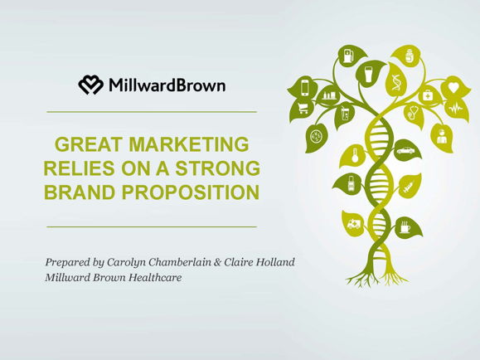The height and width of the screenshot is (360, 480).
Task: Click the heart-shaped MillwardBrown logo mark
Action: pyautogui.click(x=91, y=85)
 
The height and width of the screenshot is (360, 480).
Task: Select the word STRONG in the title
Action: pyautogui.click(x=217, y=168)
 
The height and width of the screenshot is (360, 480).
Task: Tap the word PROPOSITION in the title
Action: pyautogui.click(x=191, y=192)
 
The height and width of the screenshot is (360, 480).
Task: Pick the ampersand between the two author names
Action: pyautogui.click(x=217, y=263)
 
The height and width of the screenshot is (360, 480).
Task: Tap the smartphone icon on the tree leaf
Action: pyautogui.click(x=305, y=88)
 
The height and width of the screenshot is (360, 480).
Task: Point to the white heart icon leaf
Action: pyautogui.click(x=454, y=87)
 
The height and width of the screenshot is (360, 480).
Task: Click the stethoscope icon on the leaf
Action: pyautogui.click(x=413, y=113)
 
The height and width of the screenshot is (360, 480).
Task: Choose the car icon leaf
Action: pyautogui.click(x=406, y=151)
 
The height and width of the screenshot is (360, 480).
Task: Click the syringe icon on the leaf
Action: pyautogui.click(x=409, y=186)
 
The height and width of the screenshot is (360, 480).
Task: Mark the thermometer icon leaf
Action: pyautogui.click(x=353, y=156)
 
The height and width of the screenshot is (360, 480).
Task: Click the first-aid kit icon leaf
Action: pyautogui.click(x=429, y=96)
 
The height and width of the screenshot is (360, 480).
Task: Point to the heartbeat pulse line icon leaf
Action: pyautogui.click(x=457, y=109)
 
